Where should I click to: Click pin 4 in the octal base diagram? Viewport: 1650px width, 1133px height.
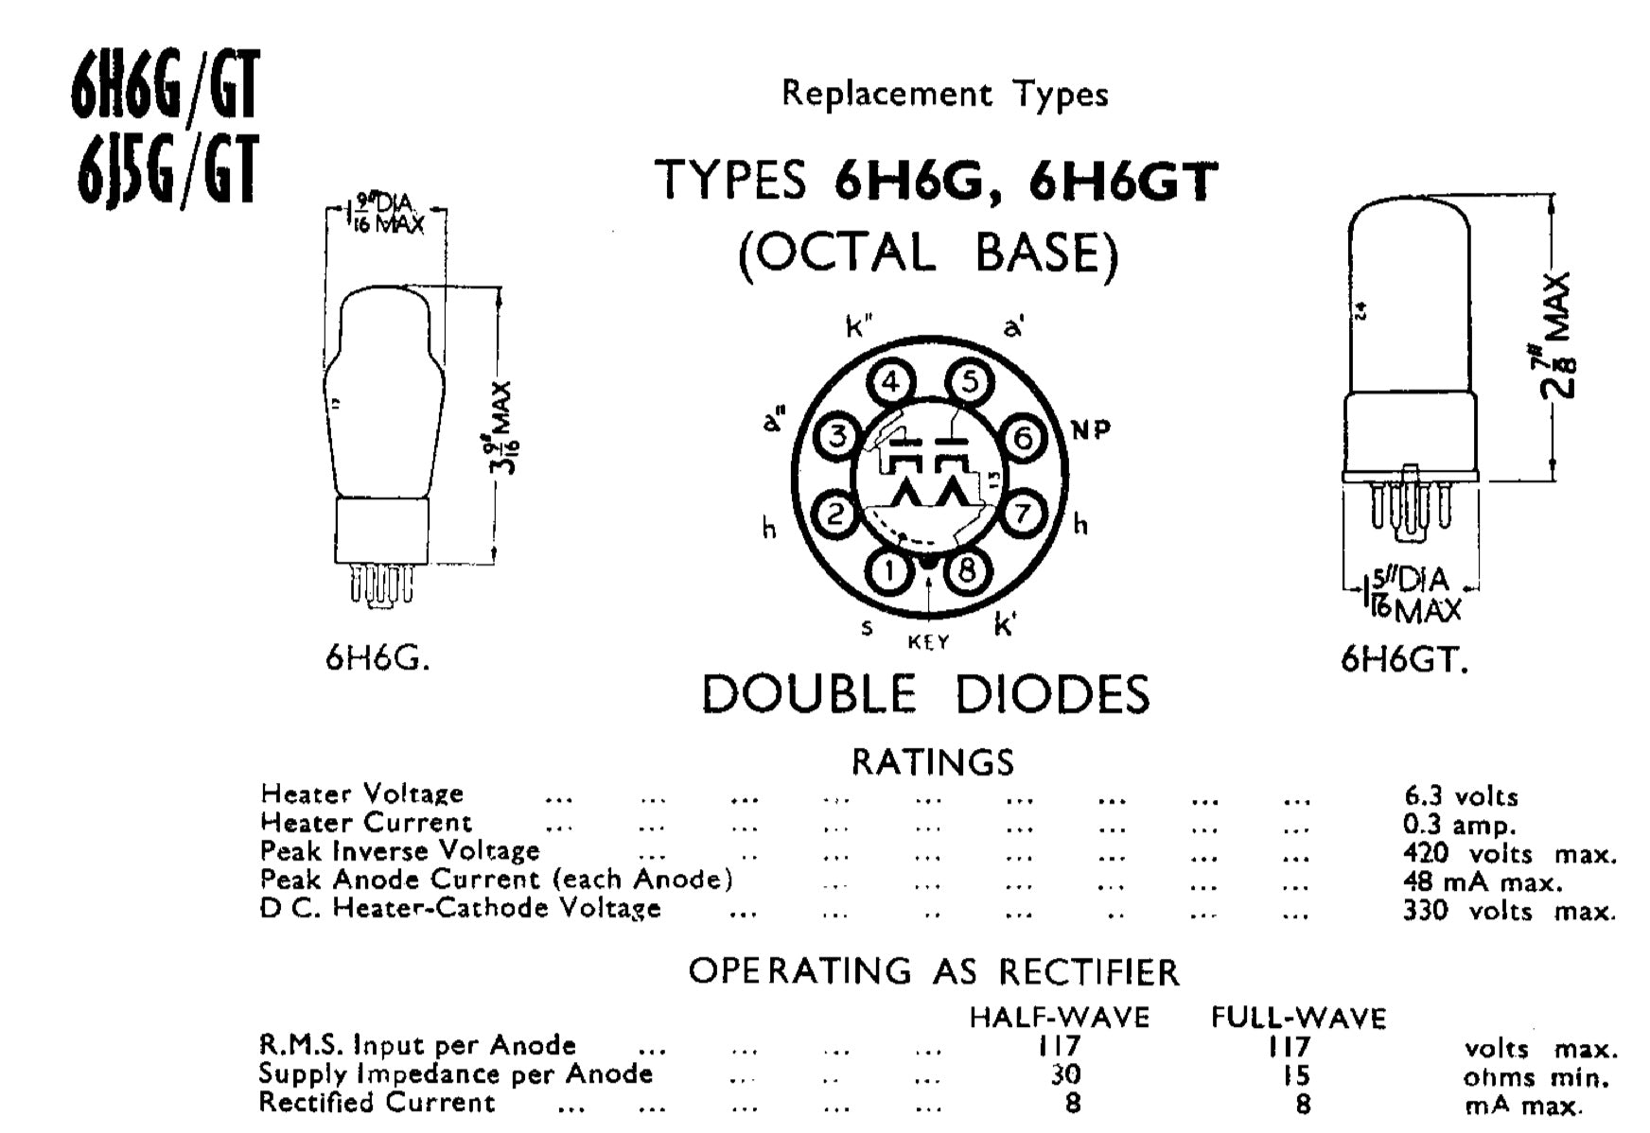tap(891, 383)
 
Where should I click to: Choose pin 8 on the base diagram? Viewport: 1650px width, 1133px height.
tap(967, 569)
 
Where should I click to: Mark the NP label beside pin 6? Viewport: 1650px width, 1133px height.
tap(1091, 430)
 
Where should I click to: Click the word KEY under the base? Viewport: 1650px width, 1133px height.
tap(928, 642)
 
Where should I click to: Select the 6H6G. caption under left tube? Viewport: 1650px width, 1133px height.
tap(377, 658)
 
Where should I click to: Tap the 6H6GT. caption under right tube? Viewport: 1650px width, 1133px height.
tap(1405, 659)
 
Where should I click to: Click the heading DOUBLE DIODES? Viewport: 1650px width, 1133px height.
tap(925, 694)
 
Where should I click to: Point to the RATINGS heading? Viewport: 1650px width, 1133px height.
tap(933, 762)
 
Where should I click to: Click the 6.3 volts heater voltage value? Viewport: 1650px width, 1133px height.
tap(1461, 796)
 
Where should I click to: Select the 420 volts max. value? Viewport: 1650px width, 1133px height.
tap(1510, 854)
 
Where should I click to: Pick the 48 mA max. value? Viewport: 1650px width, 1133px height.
tap(1483, 882)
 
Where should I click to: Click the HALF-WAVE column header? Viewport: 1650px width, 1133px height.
tap(1060, 1018)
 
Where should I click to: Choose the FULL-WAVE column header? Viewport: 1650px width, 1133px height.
tap(1299, 1018)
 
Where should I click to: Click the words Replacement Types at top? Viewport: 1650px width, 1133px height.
tap(944, 94)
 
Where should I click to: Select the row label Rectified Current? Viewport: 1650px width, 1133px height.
tap(377, 1103)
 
